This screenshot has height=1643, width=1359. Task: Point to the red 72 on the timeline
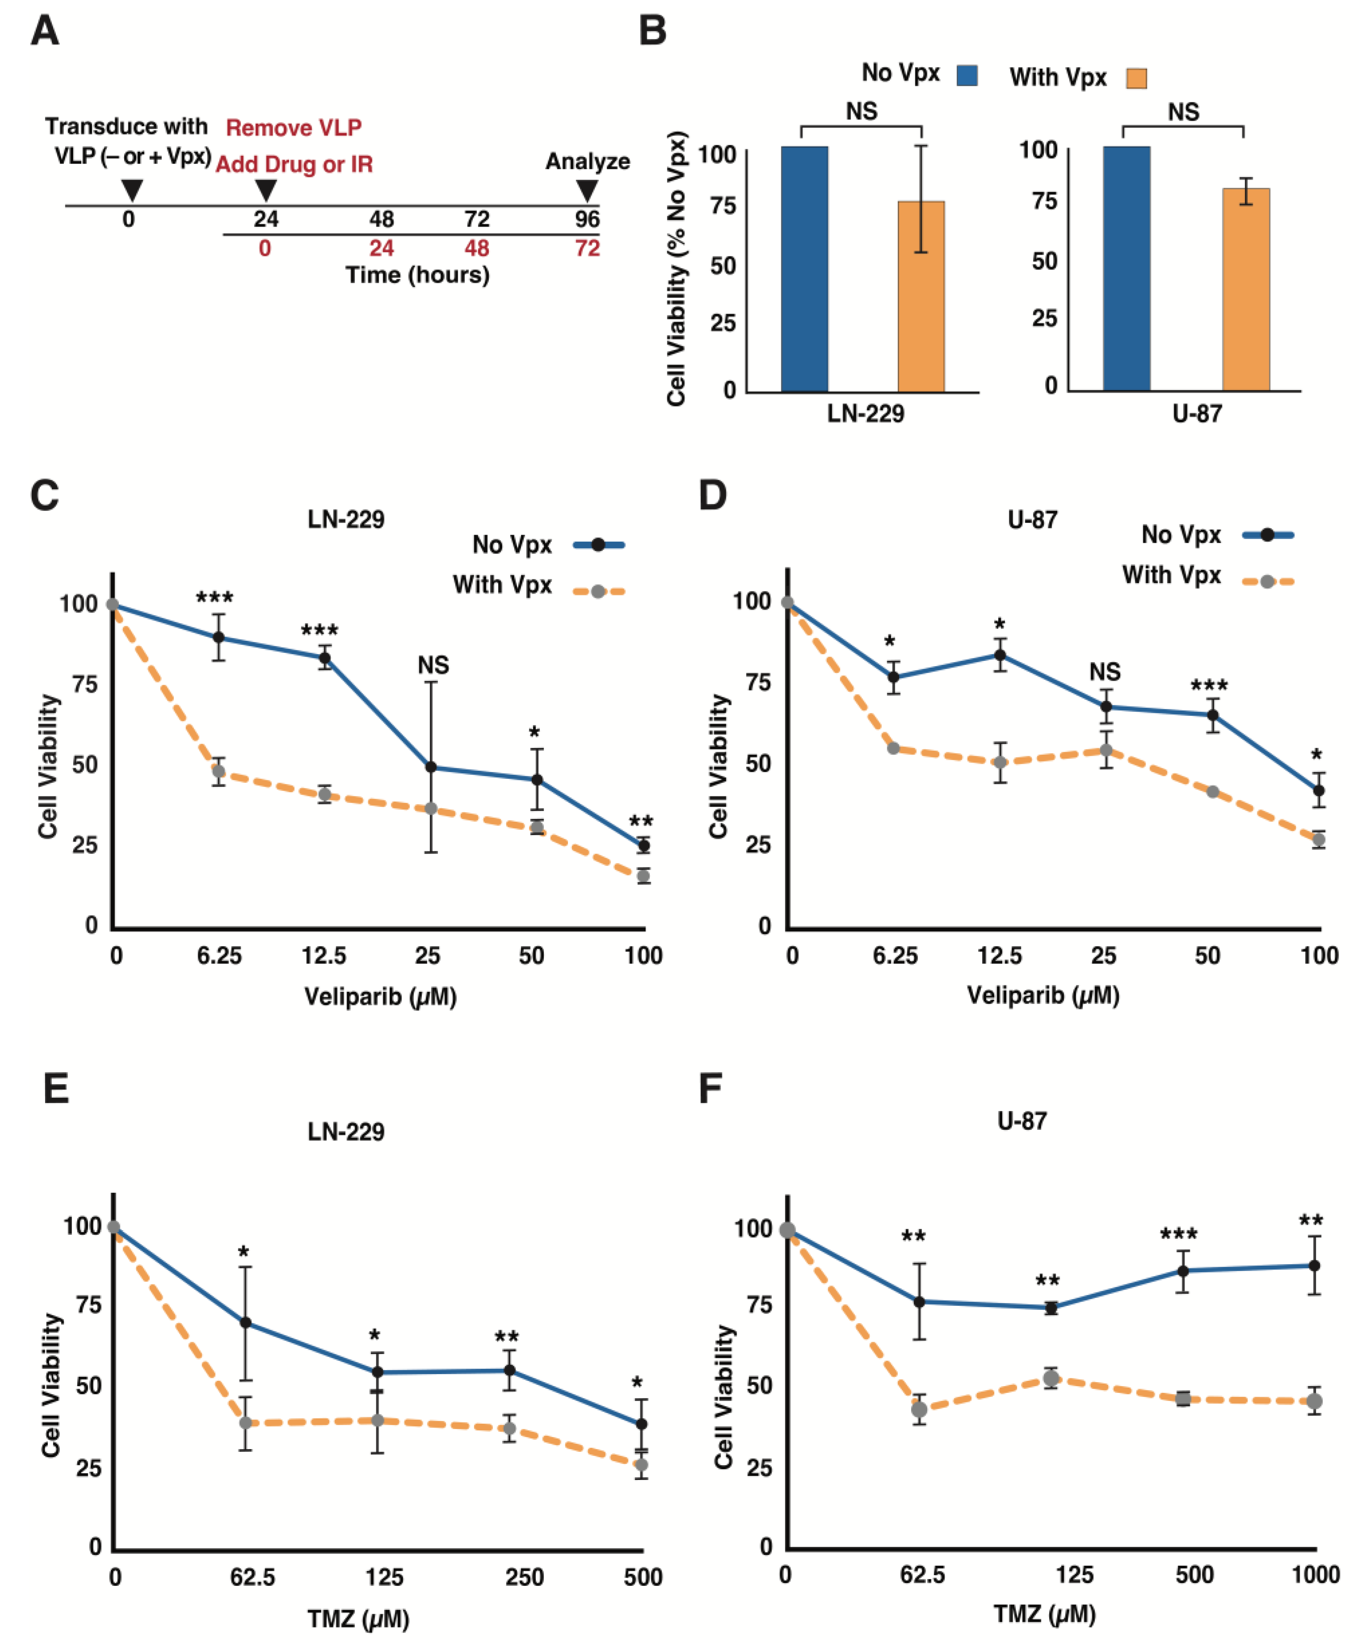587,249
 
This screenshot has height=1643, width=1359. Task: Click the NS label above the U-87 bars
1183,112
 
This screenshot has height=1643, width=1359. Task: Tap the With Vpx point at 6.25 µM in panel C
219,771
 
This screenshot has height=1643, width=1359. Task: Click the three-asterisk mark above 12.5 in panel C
320,631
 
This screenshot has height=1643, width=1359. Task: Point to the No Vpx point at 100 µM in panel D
1318,790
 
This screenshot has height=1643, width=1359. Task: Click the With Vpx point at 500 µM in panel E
641,1465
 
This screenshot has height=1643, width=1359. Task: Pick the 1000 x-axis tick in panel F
1316,1574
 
